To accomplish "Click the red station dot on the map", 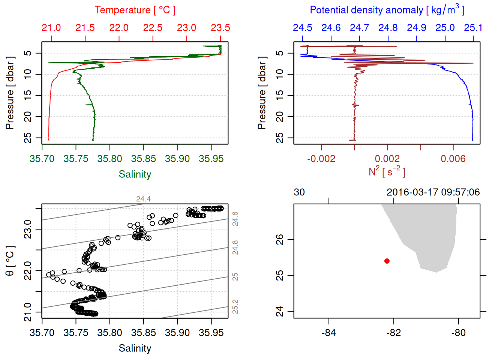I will pos(387,261).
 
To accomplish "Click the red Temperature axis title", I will pos(135,10).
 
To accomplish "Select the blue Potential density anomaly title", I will pos(387,10).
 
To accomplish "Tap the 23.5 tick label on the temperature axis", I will pos(220,28).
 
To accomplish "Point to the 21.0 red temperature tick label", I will pos(51,28).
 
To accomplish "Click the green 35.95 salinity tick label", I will pos(211,159).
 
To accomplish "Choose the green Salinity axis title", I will pos(135,174).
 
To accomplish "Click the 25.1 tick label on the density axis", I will pos(473,28).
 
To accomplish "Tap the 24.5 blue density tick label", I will pos(302,28).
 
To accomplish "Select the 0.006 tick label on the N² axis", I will pos(453,159).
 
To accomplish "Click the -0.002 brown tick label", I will pos(321,159).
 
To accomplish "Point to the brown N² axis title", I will pos(387,171).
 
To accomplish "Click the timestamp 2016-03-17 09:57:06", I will pos(433,192).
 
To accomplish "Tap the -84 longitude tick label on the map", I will pos(329,333).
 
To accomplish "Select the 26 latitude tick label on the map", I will pos(280,239).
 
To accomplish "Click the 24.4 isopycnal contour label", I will pos(143,199).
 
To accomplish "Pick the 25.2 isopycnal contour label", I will pos(235,306).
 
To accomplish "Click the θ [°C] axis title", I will pos(10,261).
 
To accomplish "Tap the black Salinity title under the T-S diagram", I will pos(135,348).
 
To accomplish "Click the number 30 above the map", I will pos(299,192).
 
